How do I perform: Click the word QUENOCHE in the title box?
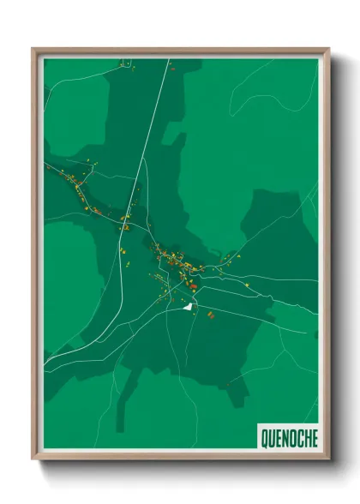point(287,437)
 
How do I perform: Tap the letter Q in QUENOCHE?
point(262,437)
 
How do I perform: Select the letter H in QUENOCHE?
point(304,437)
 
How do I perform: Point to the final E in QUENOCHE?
point(312,437)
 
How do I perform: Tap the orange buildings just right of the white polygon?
point(209,315)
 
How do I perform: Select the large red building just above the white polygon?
point(193,286)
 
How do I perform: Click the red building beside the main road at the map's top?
point(172,69)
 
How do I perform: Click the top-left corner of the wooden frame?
point(33,50)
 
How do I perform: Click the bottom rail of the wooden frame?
point(180,456)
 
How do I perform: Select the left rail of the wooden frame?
point(35,257)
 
